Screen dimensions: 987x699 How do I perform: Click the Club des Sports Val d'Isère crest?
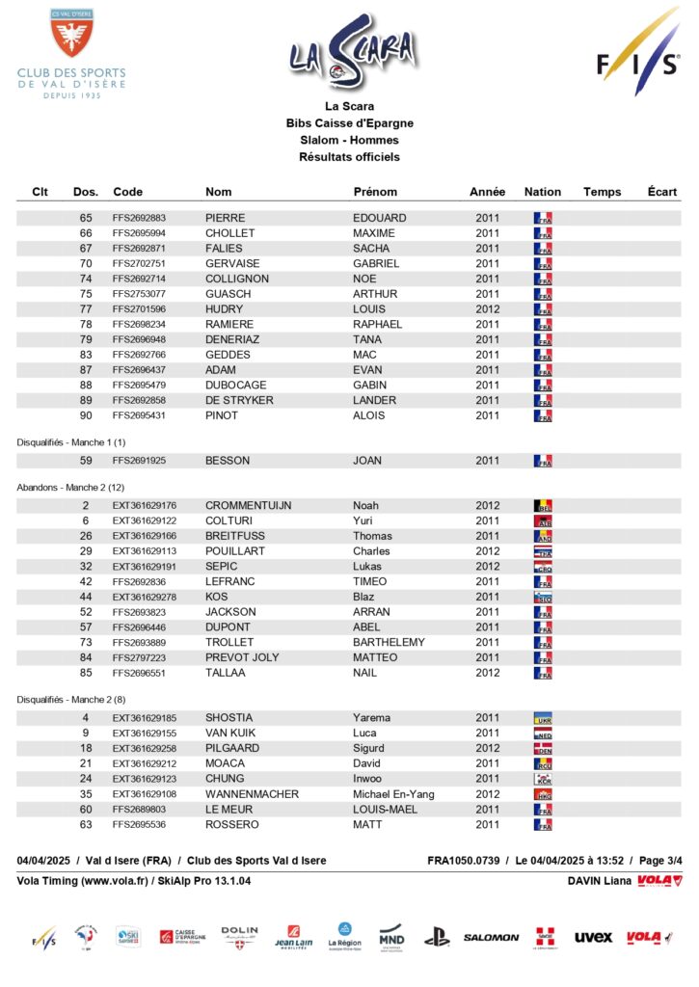(x=71, y=33)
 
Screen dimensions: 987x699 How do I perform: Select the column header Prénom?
(x=375, y=192)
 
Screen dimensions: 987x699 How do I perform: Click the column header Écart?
(x=662, y=192)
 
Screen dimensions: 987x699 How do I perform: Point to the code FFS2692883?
(x=139, y=219)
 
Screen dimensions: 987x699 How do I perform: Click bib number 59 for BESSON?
(x=86, y=462)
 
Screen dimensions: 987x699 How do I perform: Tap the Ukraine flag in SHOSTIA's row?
(x=542, y=718)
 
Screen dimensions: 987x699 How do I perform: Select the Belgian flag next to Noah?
(x=542, y=506)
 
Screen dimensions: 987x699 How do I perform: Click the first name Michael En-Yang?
(x=393, y=794)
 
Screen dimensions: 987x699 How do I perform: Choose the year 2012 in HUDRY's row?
(x=488, y=309)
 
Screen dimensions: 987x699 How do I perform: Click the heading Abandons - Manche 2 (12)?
(x=70, y=488)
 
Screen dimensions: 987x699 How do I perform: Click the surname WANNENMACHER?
(x=252, y=794)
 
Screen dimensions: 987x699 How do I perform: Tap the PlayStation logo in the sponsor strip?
(x=437, y=936)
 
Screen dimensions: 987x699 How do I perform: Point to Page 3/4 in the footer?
(x=661, y=861)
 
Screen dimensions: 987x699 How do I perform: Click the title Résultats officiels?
(x=349, y=157)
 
